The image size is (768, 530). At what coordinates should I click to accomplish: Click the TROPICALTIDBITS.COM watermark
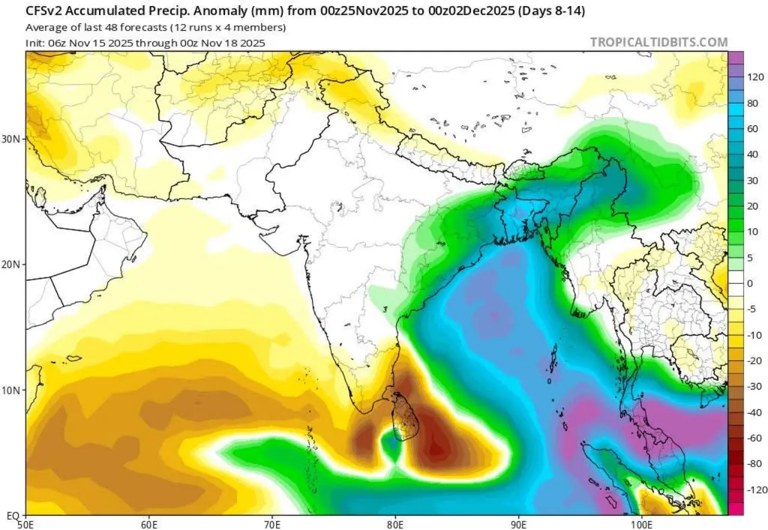click(x=659, y=42)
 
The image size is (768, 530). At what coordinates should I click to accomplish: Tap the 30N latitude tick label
click(x=13, y=139)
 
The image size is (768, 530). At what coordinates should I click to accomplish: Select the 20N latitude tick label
click(x=13, y=265)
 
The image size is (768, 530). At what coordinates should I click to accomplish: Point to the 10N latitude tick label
click(x=13, y=390)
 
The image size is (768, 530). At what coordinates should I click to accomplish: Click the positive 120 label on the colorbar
click(x=755, y=77)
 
